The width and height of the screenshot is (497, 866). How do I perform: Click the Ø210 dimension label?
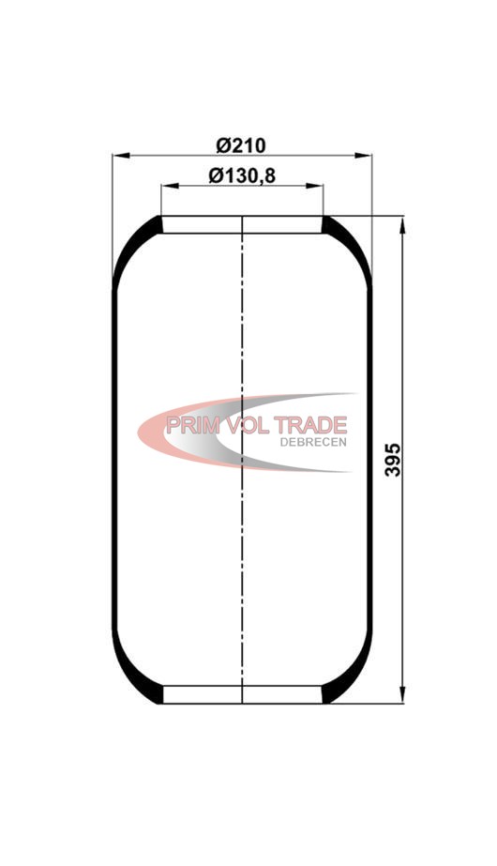pyautogui.click(x=241, y=145)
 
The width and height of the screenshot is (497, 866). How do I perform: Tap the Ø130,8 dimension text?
pyautogui.click(x=242, y=176)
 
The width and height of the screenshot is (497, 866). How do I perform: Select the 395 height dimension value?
pyautogui.click(x=393, y=460)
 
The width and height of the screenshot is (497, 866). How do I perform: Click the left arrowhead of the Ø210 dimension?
pyautogui.click(x=121, y=156)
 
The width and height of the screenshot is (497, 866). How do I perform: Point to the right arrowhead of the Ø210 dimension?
pyautogui.click(x=363, y=156)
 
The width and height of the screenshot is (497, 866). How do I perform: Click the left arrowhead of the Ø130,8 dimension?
pyautogui.click(x=170, y=186)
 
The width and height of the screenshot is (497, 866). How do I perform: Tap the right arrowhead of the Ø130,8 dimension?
pyautogui.click(x=314, y=186)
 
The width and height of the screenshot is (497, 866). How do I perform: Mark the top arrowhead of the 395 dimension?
pyautogui.click(x=402, y=226)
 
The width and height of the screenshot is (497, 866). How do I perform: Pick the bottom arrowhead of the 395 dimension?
pyautogui.click(x=402, y=694)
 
